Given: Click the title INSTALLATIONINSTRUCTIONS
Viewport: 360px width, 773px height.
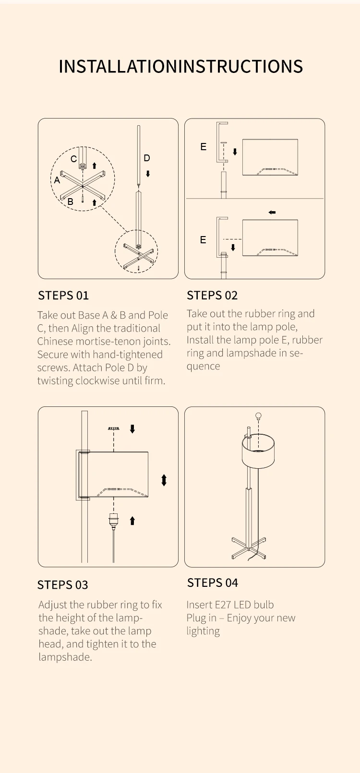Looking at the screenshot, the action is click(x=180, y=67).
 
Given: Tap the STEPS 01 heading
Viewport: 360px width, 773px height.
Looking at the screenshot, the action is click(x=63, y=296).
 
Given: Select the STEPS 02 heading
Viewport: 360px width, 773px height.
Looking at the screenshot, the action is click(x=212, y=296).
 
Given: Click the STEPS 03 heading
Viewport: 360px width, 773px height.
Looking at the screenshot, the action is click(x=62, y=585).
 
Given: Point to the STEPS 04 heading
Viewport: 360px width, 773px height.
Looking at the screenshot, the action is click(x=213, y=583).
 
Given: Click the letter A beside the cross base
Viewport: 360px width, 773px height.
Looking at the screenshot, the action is click(x=57, y=180).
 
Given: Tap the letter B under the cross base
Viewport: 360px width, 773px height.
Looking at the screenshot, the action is click(x=71, y=202).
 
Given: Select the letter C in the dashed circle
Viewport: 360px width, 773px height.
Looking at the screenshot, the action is click(x=73, y=159).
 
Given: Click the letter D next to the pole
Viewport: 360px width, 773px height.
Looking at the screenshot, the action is click(x=147, y=158).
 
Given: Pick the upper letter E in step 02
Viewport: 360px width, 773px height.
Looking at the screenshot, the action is click(x=204, y=147).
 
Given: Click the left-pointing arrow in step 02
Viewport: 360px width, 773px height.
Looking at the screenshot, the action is click(x=272, y=212).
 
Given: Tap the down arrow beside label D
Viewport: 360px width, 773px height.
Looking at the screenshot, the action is click(x=148, y=174).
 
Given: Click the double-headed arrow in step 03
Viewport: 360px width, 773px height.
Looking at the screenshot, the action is click(x=164, y=480).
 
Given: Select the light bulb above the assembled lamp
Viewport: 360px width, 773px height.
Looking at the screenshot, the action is click(x=258, y=416).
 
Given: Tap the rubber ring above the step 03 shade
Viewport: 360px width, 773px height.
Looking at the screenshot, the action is click(x=114, y=428).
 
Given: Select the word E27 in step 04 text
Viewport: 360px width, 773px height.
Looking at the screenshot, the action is click(x=223, y=605).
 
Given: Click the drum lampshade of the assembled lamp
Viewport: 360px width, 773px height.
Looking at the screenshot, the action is click(x=258, y=451).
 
